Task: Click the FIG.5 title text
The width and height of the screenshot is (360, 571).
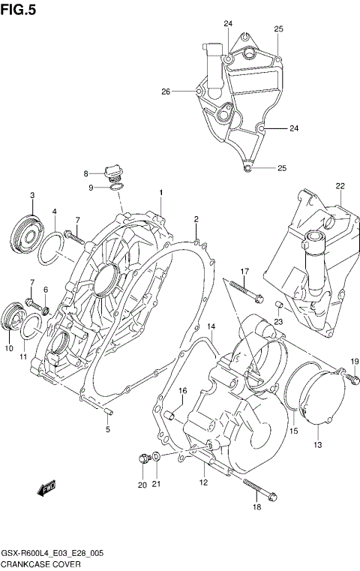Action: click(18, 10)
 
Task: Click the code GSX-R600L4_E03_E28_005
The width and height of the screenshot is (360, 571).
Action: click(52, 553)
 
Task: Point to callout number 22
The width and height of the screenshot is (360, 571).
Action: click(340, 185)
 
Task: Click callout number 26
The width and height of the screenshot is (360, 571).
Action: click(166, 92)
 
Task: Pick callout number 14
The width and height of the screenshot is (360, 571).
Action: click(211, 327)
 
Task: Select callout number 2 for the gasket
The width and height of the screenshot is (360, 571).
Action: click(196, 219)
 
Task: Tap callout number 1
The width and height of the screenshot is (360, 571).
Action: click(160, 193)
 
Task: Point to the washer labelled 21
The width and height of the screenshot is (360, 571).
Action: click(155, 456)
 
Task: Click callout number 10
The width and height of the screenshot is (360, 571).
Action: click(8, 348)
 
